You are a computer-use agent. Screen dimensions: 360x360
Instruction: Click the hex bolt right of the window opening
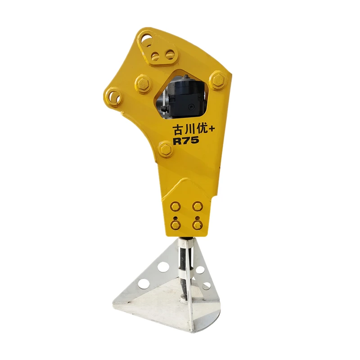coord(218,80)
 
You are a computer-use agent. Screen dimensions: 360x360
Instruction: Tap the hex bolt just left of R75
coord(166,149)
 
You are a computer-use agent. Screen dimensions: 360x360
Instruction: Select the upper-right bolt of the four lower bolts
coord(197,206)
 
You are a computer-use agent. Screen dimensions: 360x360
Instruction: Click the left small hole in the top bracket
coord(156,56)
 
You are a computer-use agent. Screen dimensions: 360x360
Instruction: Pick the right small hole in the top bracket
coord(170,54)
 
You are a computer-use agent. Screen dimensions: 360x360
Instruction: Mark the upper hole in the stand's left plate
coord(163,266)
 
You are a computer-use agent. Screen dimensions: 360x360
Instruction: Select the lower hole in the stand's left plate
coord(144,283)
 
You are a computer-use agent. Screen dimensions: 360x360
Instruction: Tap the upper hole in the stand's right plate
coord(200,270)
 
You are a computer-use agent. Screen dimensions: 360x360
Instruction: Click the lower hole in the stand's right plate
coord(206,286)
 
